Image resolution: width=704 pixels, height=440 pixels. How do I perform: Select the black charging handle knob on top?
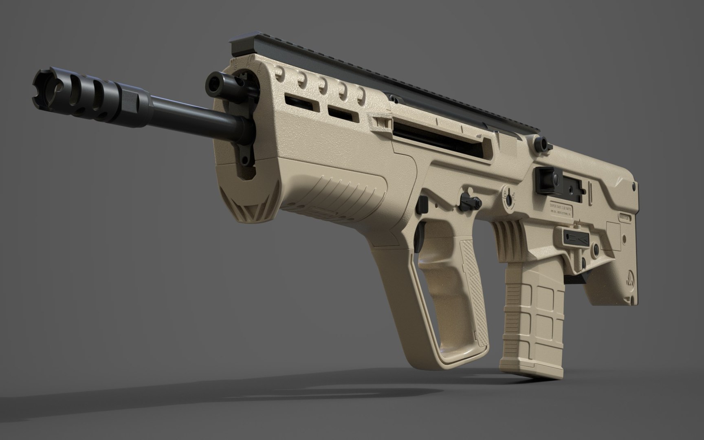click(x=542, y=142)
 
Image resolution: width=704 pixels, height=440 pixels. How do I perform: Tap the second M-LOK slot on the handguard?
click(x=343, y=112)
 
